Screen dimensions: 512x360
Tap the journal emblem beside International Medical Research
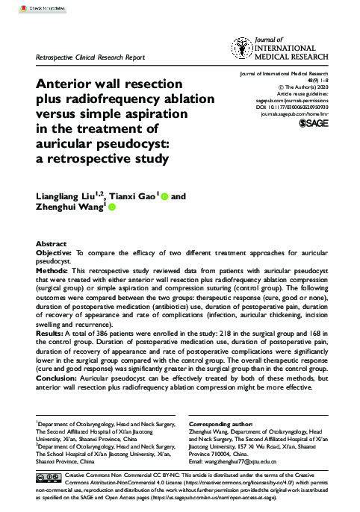pos(243,49)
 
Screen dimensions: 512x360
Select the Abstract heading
pos(52,244)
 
